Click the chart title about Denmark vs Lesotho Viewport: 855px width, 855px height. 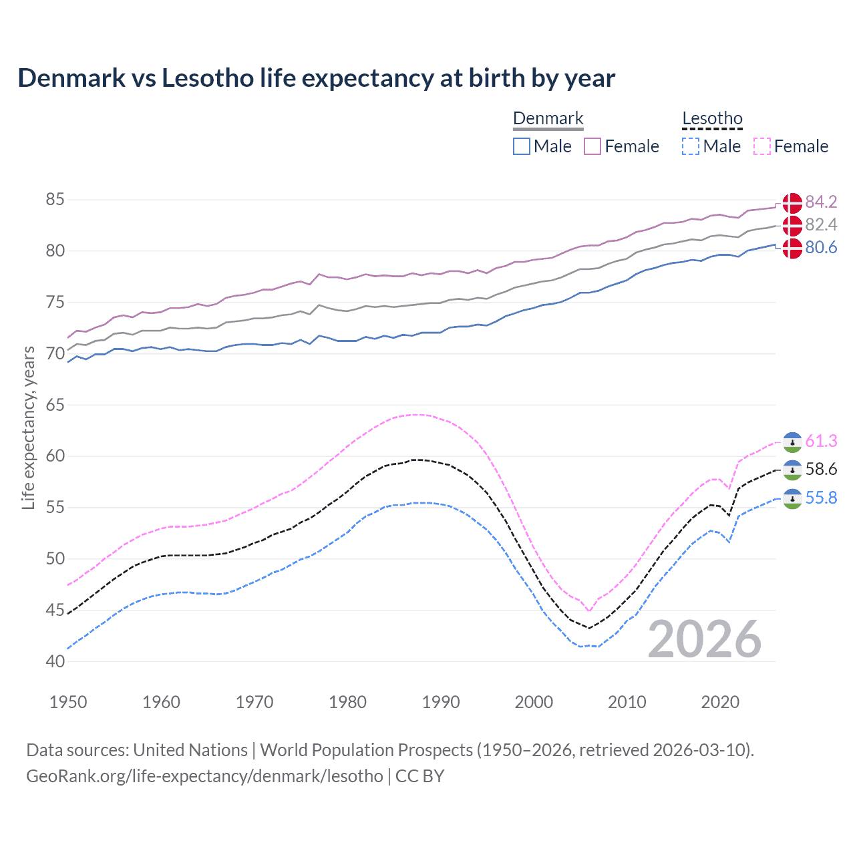coord(316,78)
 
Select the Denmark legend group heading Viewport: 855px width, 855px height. coord(548,119)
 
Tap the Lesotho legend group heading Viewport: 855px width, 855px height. coord(712,119)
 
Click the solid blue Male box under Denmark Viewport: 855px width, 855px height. coord(522,146)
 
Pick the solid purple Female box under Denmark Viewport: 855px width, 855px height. coord(592,146)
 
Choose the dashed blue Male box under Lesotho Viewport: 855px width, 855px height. coord(691,146)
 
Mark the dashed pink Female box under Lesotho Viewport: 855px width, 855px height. coord(761,146)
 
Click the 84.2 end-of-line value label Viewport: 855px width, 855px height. coord(821,202)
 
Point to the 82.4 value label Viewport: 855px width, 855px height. coord(821,224)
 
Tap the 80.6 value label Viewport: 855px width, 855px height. coord(821,248)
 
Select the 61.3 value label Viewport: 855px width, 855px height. coord(821,441)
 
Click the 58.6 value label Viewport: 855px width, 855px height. coord(821,470)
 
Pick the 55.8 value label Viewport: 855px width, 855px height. coord(821,498)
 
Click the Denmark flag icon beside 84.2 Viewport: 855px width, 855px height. coord(792,203)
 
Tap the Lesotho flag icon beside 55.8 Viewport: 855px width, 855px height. coord(792,498)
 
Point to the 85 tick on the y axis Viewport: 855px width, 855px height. coord(55,200)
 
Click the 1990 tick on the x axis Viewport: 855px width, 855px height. coord(441,702)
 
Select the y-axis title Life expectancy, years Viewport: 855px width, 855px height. coord(29,427)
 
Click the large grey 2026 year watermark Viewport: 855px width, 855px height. coord(704,639)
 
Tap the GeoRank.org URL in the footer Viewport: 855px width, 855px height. coord(204,776)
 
